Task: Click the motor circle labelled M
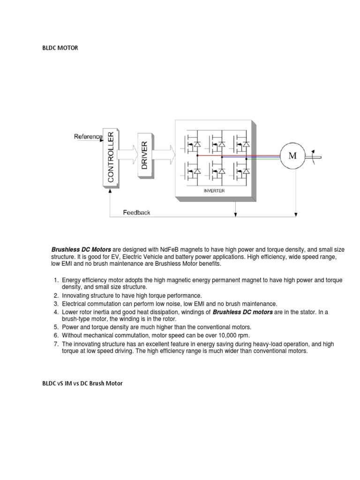pos(292,156)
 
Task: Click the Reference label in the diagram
pos(88,136)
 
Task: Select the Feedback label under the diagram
pos(136,212)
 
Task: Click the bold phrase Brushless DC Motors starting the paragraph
pos(81,249)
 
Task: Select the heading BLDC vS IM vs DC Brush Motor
pos(82,383)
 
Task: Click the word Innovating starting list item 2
pos(76,296)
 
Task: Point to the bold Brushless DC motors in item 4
pos(243,312)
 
